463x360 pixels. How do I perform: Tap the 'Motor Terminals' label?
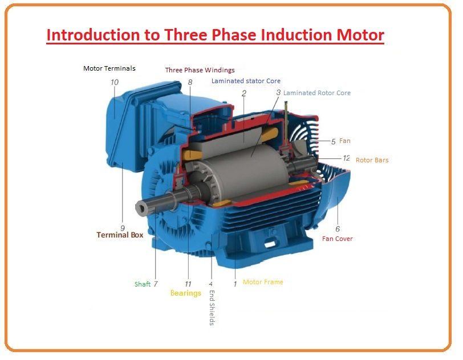click(x=109, y=68)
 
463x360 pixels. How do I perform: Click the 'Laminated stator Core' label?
click(x=246, y=81)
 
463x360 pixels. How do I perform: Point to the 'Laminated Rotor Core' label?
click(x=317, y=93)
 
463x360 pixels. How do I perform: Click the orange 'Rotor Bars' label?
click(x=372, y=160)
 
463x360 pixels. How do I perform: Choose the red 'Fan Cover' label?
click(x=338, y=239)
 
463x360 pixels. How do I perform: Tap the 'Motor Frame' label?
click(x=263, y=282)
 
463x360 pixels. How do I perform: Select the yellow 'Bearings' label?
click(x=186, y=293)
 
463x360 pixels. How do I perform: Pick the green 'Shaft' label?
click(x=143, y=284)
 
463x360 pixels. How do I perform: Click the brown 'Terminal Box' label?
click(x=120, y=235)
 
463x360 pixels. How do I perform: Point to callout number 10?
click(x=115, y=82)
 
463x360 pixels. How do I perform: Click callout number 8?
click(x=190, y=82)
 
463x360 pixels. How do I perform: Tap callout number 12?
click(x=346, y=158)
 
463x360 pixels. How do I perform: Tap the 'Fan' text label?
click(x=345, y=141)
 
